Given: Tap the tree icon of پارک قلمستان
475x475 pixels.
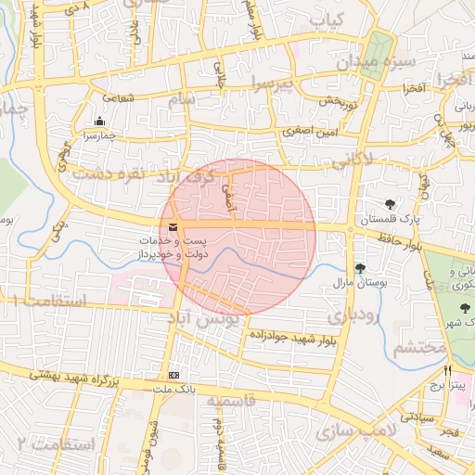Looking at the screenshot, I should pos(390,204).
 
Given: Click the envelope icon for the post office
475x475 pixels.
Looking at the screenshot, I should pos(173,227).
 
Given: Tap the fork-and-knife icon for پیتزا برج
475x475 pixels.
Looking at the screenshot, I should pos(448,368).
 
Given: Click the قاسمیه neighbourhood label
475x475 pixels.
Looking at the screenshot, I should pos(230,401).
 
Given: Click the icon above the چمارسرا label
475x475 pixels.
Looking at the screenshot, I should pos(100,122).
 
